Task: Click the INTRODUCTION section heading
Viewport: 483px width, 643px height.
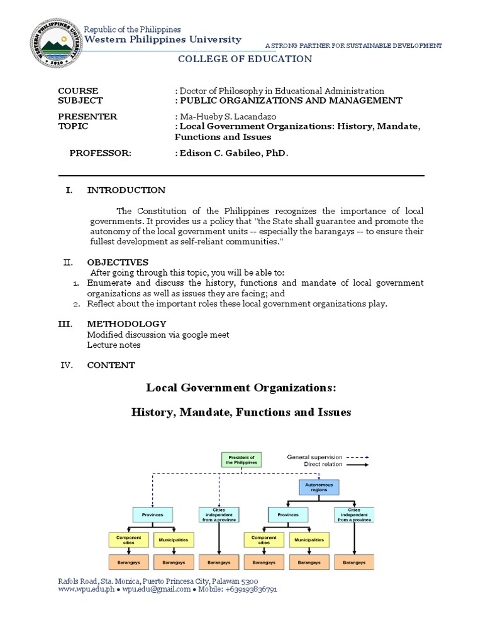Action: point(126,190)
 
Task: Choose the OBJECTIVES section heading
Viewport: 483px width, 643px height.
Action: point(118,262)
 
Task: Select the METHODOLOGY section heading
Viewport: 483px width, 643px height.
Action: point(126,324)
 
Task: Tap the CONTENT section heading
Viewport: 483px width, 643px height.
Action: point(111,365)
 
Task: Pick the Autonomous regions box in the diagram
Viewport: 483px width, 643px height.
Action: point(318,487)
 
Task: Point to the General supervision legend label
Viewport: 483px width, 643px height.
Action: point(314,457)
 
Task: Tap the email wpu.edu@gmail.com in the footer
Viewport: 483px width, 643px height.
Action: point(156,590)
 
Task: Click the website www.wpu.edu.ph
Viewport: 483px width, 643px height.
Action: point(86,590)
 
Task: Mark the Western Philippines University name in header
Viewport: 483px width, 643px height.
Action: point(162,40)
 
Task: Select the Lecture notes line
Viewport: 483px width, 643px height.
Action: point(114,345)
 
